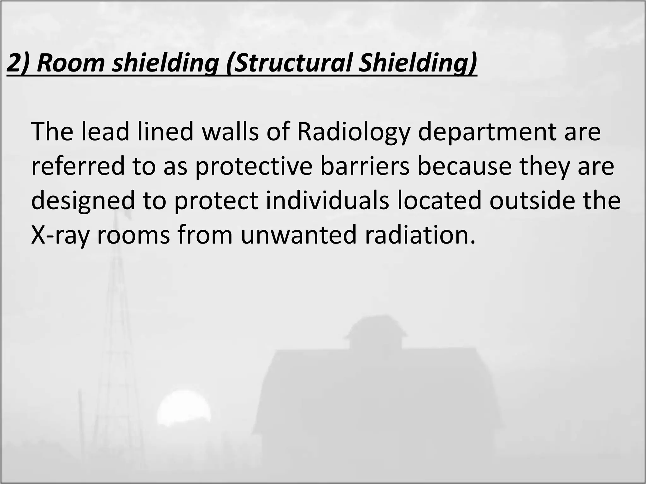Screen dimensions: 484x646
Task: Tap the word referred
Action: click(78, 166)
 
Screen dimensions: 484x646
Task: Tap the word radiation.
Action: click(420, 236)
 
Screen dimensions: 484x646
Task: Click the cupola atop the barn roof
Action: click(375, 334)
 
